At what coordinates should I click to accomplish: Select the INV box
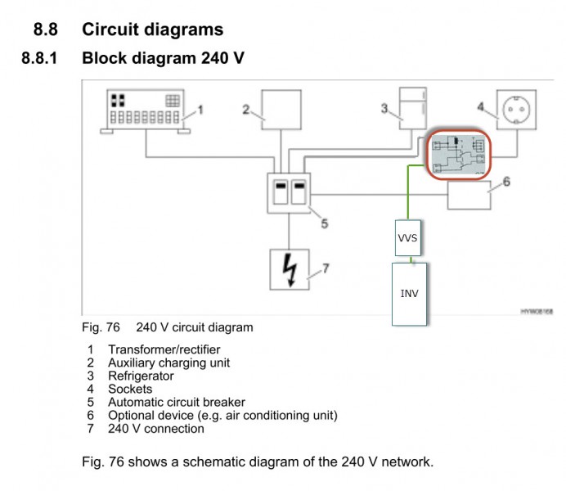[x=409, y=293]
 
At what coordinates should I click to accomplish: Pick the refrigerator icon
[x=412, y=111]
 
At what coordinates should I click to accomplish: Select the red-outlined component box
[x=458, y=155]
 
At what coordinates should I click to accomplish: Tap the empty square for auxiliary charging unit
[x=281, y=110]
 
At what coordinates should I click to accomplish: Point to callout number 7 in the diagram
[x=326, y=268]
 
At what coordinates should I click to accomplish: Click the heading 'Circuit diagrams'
[x=152, y=30]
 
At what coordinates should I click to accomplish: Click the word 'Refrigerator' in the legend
[x=141, y=376]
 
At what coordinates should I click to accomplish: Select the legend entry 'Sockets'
[x=130, y=389]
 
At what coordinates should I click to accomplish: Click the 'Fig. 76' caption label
[x=101, y=327]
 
